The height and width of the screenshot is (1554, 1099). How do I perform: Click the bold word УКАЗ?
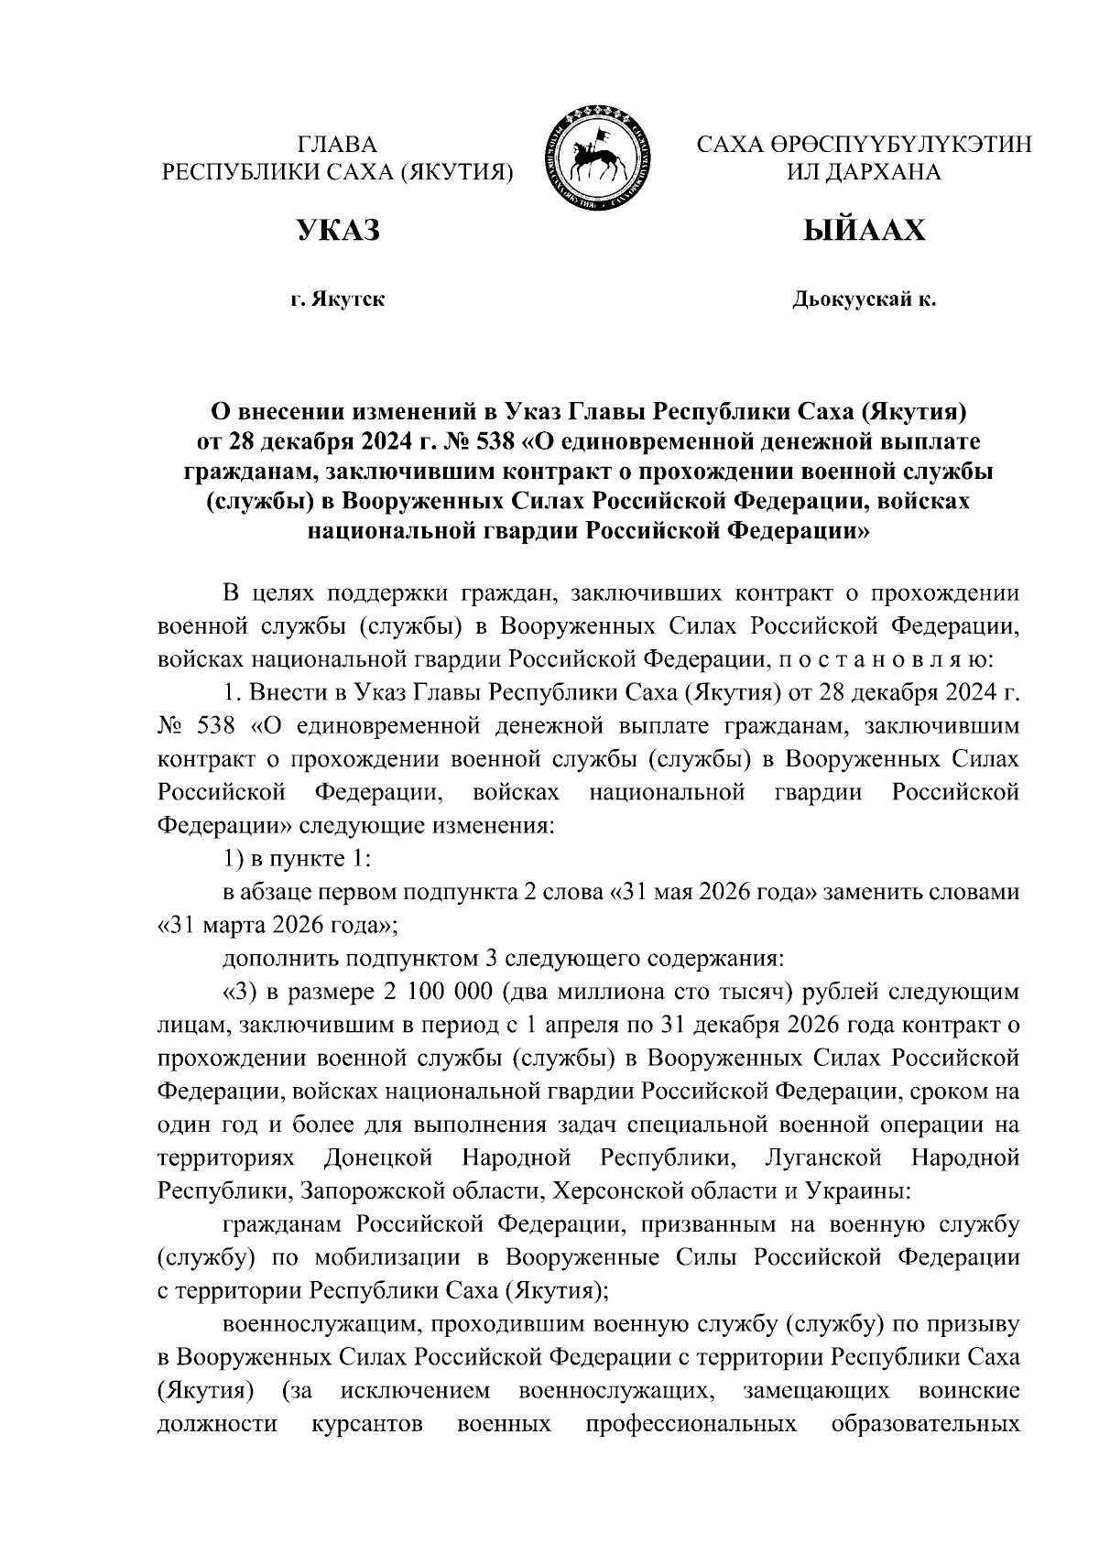(337, 231)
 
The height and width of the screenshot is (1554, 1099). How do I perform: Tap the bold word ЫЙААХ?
(864, 231)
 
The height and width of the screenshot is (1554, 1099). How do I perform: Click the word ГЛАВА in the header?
(337, 145)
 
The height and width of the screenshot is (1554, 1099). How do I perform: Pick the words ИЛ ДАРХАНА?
(864, 171)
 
